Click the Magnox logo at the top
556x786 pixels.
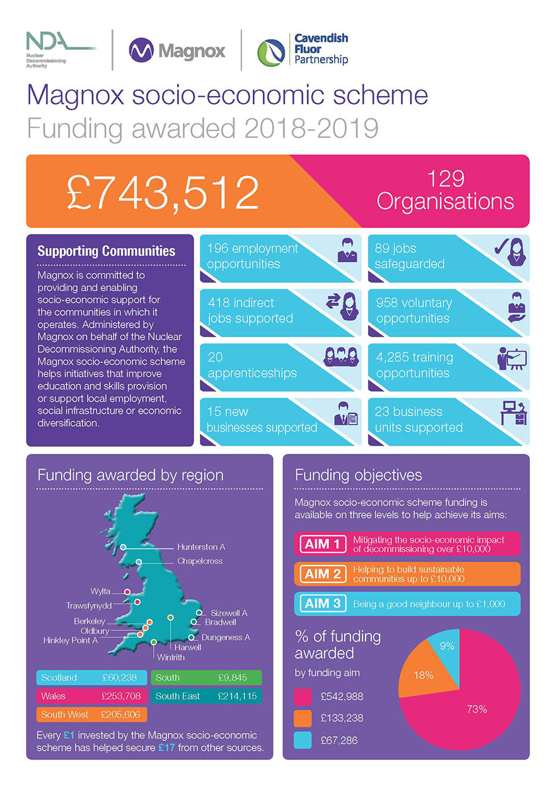[177, 50]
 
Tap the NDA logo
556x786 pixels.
[59, 48]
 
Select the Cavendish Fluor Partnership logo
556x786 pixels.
[303, 50]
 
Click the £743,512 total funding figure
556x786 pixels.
[163, 192]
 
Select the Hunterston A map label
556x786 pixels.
[201, 546]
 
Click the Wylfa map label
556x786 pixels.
[100, 591]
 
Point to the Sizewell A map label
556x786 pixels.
[229, 613]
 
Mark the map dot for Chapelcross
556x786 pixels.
[139, 562]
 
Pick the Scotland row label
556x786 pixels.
[59, 678]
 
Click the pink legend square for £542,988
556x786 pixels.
[303, 696]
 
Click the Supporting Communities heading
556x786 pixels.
[107, 251]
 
